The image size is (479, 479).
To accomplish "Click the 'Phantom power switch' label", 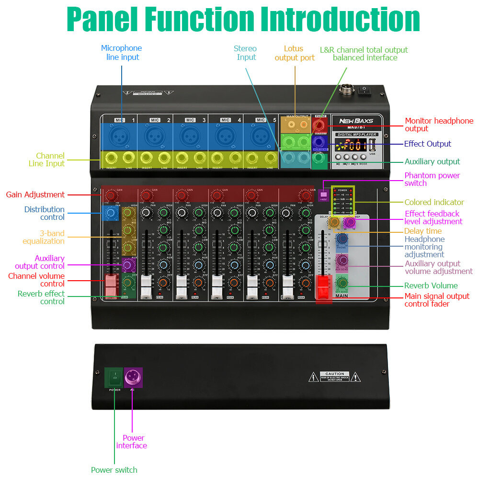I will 432,179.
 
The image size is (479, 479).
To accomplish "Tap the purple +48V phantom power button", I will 323,195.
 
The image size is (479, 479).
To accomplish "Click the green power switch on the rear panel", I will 114,377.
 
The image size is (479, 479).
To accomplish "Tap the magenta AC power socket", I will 133,377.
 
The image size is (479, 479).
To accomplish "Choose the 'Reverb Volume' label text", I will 431,285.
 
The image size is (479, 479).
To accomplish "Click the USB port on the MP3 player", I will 372,145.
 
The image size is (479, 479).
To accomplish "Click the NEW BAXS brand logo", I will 356,121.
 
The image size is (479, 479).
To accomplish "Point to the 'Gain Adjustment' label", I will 35,194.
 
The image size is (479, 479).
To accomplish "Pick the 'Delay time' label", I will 423,231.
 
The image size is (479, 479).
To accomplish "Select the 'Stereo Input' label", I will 245,53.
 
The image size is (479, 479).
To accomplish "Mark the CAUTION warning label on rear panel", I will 335,376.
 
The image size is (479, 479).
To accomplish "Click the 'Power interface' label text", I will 132,442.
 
